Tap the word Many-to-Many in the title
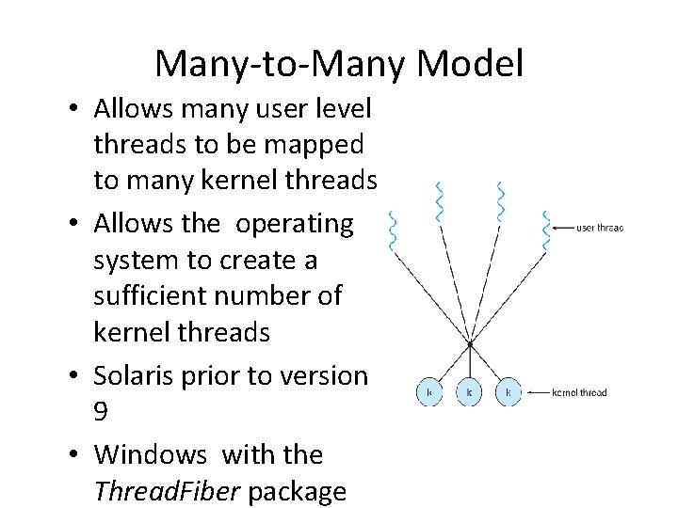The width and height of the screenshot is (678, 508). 281,64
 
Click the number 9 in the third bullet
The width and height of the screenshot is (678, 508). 102,414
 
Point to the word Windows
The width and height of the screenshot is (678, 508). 151,454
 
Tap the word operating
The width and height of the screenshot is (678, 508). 295,224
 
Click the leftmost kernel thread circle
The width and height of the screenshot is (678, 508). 429,392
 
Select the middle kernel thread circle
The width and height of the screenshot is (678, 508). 469,392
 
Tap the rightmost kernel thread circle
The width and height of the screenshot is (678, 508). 508,392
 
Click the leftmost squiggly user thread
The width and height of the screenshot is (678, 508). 394,231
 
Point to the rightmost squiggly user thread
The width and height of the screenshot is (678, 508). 545,231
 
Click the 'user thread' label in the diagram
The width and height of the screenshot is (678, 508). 599,227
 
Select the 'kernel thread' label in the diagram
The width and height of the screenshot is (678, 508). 579,392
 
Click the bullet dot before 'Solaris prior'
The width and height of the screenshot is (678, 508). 73,376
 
